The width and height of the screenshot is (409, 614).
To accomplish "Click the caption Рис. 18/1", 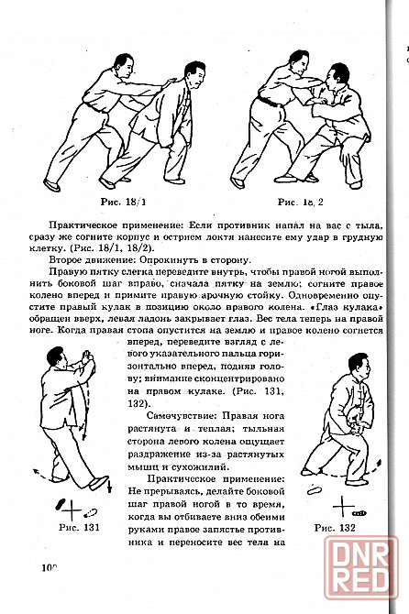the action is tap(124, 202).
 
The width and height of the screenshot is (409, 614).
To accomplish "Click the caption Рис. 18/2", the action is tap(301, 202).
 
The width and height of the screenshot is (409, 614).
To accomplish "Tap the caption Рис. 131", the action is tap(79, 527).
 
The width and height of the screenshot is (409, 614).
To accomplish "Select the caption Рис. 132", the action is tap(335, 528).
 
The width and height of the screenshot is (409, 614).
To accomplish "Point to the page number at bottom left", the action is tap(50, 567).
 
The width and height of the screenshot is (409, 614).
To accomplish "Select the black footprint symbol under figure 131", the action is tap(61, 504).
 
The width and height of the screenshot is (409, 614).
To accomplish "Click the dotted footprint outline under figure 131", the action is tap(91, 511).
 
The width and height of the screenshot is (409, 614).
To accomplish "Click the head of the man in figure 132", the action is tap(359, 365).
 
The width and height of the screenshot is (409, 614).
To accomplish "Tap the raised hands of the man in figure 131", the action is tap(86, 356).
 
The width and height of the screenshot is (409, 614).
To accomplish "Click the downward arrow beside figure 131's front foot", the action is tap(109, 486).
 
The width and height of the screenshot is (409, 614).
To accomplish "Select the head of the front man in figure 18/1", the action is tap(193, 75).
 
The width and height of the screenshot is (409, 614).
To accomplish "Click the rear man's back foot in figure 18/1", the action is tap(51, 185).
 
